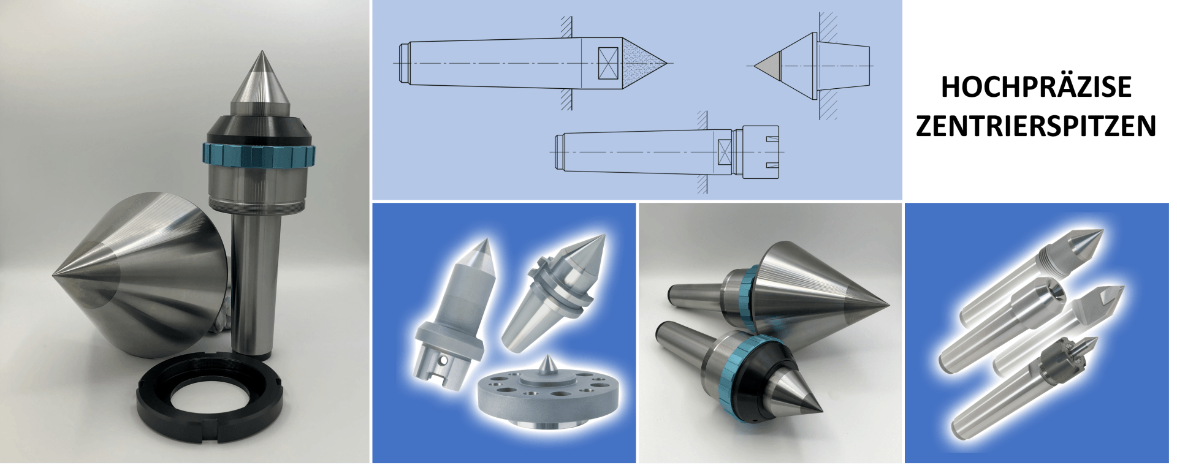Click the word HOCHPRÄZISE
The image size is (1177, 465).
point(1036,87)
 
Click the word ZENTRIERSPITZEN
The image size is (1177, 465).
point(1036,126)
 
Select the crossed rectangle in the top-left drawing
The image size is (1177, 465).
point(609,63)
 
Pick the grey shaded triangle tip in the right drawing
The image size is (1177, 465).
point(769,65)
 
